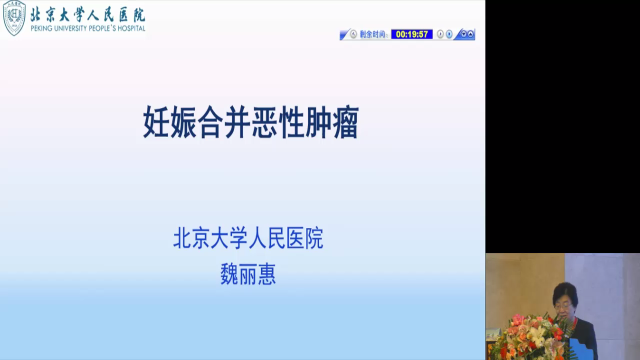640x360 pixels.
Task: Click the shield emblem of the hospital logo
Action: click(14, 17)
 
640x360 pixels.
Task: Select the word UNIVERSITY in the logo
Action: click(70, 28)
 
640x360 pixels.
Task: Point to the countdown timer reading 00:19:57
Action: click(411, 34)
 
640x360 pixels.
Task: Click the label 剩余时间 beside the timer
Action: click(372, 34)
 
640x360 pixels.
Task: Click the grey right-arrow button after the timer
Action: click(440, 34)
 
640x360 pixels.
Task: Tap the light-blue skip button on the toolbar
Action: click(449, 34)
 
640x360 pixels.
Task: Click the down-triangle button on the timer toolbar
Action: click(463, 34)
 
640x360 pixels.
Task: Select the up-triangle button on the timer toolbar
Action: click(470, 34)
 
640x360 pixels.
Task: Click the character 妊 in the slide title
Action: click(155, 122)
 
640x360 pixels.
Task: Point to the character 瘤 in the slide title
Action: click(345, 122)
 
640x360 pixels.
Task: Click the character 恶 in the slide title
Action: click(264, 122)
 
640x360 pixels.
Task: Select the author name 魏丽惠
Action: click(248, 274)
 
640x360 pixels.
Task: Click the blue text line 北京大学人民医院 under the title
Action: click(248, 237)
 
